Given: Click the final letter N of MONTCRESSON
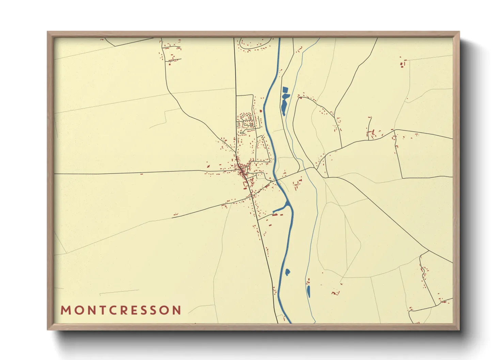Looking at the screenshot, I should point(177,310).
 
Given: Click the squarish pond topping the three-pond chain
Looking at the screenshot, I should point(285,90).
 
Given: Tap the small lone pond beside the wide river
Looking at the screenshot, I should point(287,272).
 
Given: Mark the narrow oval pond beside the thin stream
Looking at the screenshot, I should point(309,291).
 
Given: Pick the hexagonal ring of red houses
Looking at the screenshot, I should point(246,117).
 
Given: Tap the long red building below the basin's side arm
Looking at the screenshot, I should point(275,215).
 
